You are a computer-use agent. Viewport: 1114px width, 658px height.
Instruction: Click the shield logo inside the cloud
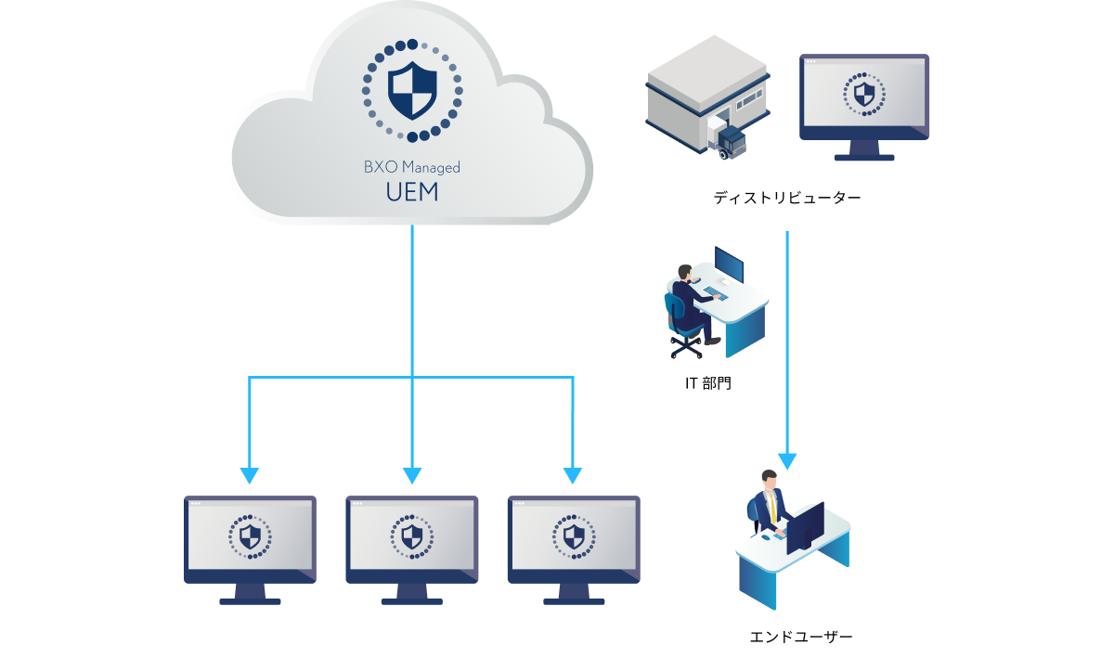pos(411,90)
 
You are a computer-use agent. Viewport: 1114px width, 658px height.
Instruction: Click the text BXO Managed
pos(411,168)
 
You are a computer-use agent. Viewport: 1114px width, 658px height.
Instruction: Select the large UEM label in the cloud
pos(411,194)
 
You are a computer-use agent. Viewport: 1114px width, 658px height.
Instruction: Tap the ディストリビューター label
pos(787,198)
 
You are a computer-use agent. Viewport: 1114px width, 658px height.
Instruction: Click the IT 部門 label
pos(707,382)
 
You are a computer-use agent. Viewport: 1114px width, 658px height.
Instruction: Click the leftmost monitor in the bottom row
pos(250,548)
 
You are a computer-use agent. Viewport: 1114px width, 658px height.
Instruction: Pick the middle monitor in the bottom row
pos(411,548)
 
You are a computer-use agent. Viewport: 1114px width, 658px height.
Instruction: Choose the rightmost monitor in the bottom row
pos(574,548)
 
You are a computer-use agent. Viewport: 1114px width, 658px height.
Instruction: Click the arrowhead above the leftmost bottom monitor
pos(249,475)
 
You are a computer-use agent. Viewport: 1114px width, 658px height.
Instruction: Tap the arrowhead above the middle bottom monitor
pos(411,475)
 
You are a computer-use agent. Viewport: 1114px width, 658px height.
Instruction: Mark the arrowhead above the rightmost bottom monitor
pos(573,475)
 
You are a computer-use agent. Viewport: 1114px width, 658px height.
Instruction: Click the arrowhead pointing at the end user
pos(787,460)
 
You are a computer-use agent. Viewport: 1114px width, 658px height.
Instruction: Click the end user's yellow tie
pos(772,508)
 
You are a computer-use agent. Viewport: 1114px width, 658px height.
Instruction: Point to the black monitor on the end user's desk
pos(805,527)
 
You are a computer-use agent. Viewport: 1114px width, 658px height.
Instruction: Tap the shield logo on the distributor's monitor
pos(864,94)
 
